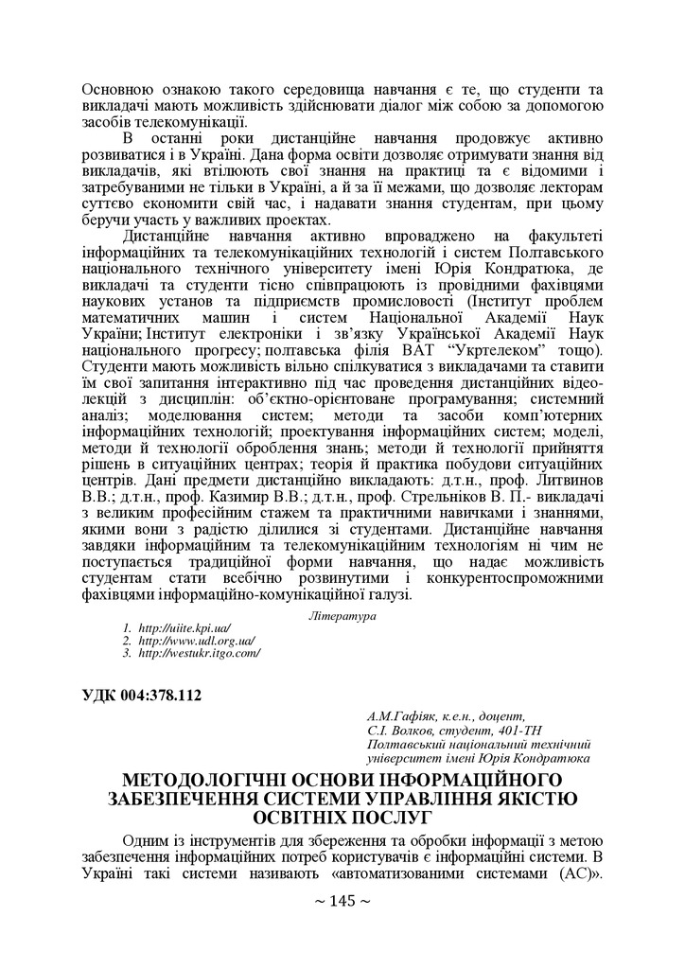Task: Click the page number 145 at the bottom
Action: click(x=342, y=901)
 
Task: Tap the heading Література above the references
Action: click(x=342, y=616)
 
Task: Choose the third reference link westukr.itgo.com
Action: click(x=199, y=653)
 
